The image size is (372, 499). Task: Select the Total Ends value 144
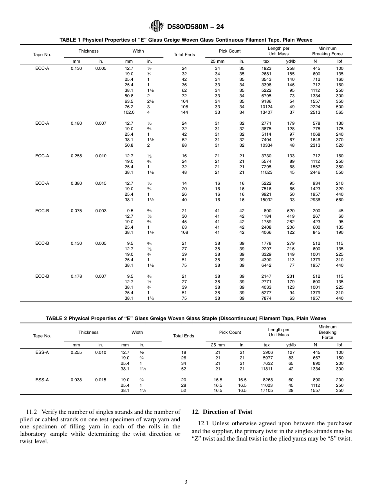(x=184, y=112)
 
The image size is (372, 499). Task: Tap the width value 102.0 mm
(x=129, y=112)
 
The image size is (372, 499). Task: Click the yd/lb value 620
(x=291, y=211)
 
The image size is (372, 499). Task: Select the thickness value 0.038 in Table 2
(x=76, y=380)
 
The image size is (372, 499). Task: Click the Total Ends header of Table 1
(x=184, y=55)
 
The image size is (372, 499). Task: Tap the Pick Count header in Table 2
(x=230, y=332)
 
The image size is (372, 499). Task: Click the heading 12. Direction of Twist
(x=222, y=412)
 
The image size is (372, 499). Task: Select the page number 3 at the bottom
(x=186, y=482)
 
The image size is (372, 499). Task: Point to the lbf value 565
(x=339, y=112)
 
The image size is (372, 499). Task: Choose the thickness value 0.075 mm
(x=76, y=211)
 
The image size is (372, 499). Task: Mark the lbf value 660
(x=339, y=200)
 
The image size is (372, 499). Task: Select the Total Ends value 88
(x=184, y=145)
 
